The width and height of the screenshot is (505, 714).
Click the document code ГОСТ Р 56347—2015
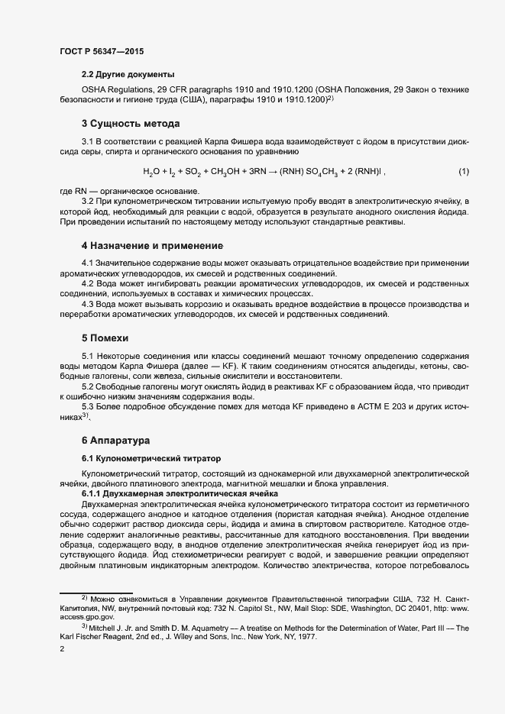tap(101, 51)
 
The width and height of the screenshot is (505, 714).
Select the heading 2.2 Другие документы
tap(128, 75)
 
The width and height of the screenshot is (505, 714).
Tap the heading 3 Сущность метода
tap(130, 123)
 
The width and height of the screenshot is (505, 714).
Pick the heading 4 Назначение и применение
tap(152, 246)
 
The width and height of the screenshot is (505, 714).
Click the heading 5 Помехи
tap(105, 337)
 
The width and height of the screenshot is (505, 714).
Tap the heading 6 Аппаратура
tap(116, 441)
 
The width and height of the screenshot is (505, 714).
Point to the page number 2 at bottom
tap(62, 650)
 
